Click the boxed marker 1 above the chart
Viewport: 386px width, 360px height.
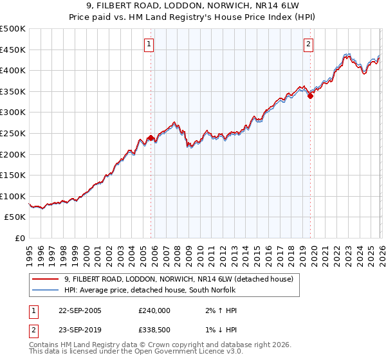[149, 44]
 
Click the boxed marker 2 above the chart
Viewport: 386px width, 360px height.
[308, 44]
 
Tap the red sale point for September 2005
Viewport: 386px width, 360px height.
[151, 138]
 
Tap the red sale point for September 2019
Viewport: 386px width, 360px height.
[310, 96]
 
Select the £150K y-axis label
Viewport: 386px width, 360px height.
[13, 175]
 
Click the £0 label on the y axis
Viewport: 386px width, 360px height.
[21, 238]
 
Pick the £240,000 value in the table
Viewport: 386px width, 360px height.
[154, 310]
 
